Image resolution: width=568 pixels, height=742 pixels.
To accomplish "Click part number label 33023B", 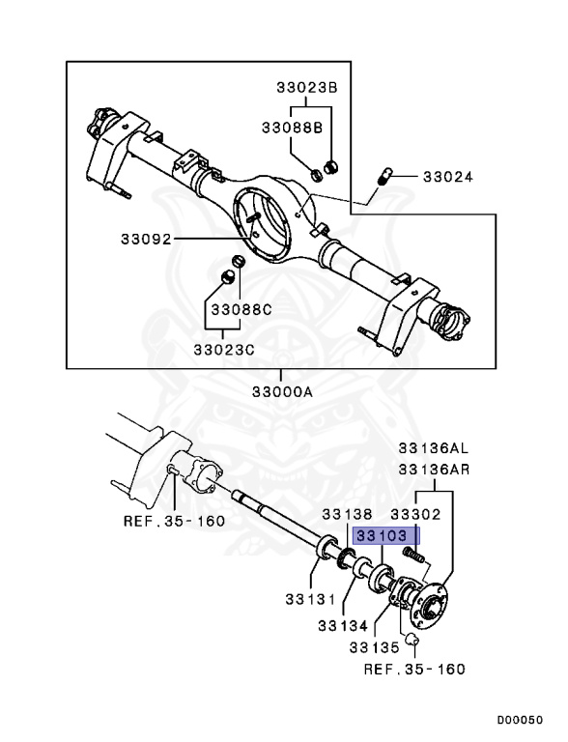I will pos(301,87).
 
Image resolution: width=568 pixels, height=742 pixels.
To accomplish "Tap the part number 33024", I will pos(446,177).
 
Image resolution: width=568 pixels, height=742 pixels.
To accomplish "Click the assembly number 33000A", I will pos(283,391).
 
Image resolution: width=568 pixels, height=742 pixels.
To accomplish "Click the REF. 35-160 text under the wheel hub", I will pos(414,668).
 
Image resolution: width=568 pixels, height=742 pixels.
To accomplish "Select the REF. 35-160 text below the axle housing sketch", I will pos(174,521).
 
